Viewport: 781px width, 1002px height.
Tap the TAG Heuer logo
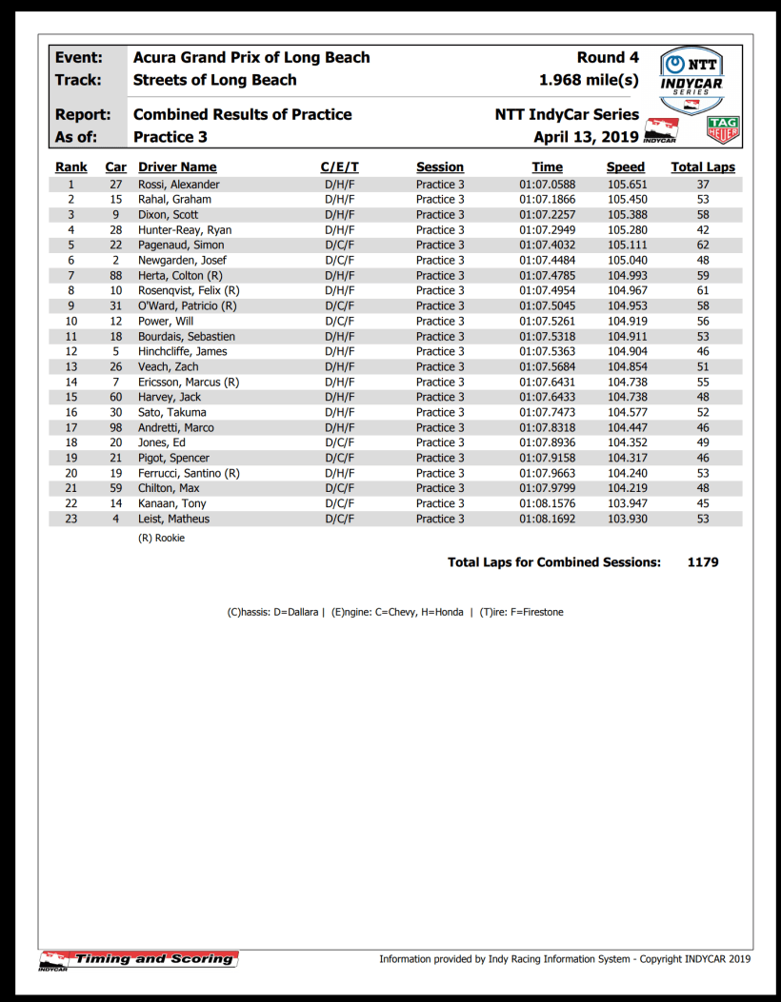pos(723,129)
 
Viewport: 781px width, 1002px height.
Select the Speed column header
pos(626,167)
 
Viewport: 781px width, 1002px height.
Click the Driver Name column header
pos(177,167)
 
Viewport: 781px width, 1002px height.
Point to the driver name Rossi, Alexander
pos(179,185)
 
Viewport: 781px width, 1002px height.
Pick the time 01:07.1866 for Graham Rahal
pos(547,200)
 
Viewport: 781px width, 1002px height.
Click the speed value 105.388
pos(627,215)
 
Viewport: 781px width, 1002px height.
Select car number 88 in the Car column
pos(116,276)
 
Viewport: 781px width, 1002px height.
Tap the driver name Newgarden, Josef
pos(182,261)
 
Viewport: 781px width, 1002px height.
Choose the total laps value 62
pos(703,246)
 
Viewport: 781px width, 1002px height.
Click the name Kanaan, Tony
pos(172,504)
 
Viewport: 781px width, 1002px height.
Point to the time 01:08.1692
pos(547,520)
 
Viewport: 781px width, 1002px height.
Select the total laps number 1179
pos(703,562)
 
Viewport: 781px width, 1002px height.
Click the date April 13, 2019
pos(586,137)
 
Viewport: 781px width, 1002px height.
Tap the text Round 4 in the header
pos(608,58)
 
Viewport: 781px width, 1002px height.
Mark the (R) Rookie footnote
pos(162,539)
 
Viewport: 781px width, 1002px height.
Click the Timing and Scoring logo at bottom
pos(139,959)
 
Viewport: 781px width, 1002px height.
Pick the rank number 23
pos(70,520)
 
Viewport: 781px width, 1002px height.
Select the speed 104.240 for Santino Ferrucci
pos(627,474)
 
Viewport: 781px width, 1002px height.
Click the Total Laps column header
pos(703,167)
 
